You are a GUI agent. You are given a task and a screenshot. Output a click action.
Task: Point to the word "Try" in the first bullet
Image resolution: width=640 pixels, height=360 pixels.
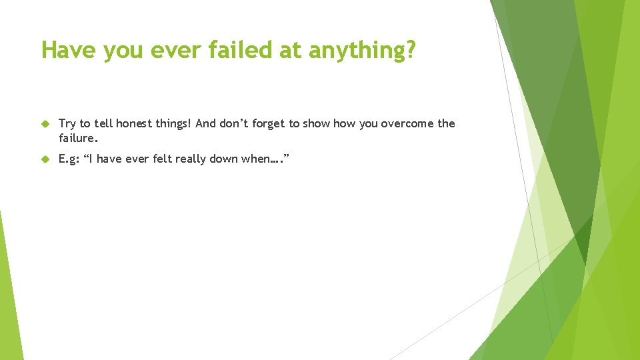[x=67, y=123]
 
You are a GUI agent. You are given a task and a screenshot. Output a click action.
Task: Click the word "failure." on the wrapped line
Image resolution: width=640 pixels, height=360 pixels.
[x=79, y=139]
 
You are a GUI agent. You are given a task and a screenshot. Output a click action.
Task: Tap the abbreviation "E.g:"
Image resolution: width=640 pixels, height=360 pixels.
[x=70, y=160]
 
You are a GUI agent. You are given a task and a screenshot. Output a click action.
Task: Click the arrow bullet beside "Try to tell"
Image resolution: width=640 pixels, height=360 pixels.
[x=45, y=124]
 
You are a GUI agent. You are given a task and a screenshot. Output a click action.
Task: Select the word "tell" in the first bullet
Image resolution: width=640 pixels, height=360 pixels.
[x=103, y=123]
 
